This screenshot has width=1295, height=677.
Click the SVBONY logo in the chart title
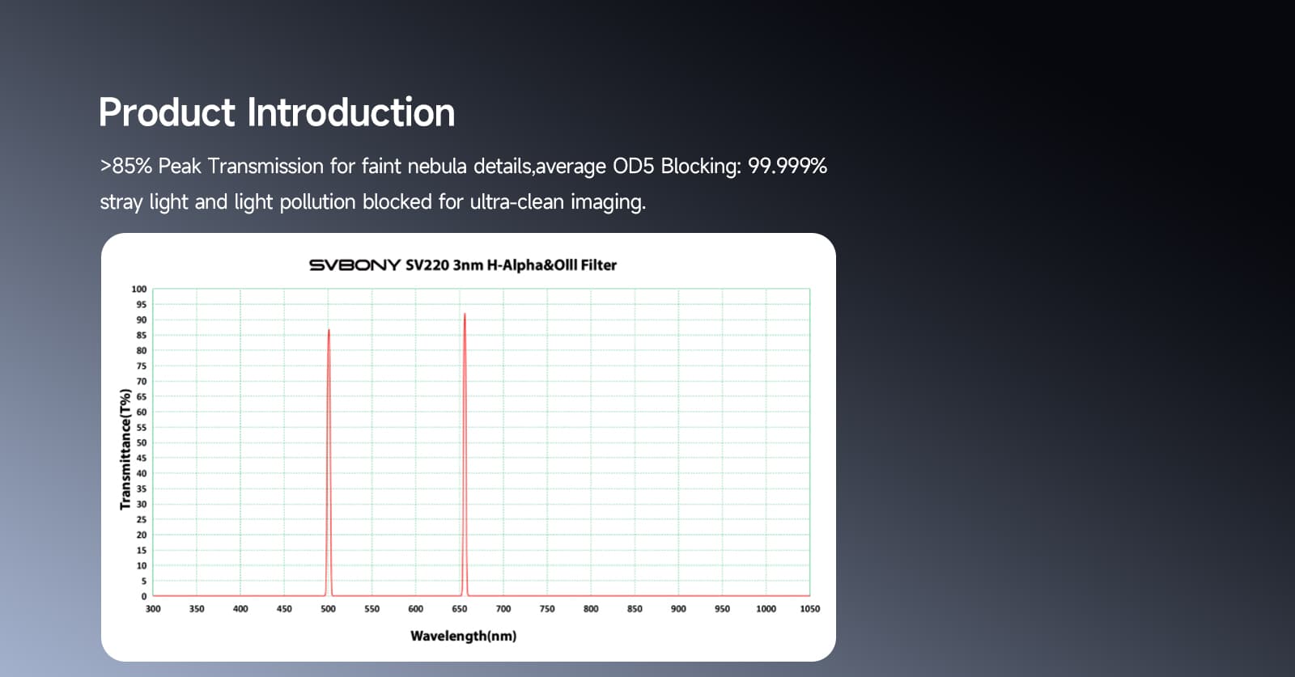point(355,265)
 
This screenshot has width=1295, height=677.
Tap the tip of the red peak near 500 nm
point(329,329)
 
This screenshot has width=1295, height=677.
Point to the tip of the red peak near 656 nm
point(465,314)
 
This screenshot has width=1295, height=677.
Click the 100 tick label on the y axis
point(139,289)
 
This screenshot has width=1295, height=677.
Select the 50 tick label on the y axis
point(142,442)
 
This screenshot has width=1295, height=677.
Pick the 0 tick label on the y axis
point(144,596)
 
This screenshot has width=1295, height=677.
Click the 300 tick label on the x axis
point(153,609)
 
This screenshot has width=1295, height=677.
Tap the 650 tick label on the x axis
point(460,609)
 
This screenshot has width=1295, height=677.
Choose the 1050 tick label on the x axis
point(810,609)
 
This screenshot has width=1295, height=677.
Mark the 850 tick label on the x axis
point(635,609)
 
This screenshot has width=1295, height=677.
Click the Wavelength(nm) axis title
point(464,636)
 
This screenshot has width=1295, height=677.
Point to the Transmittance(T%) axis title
point(125,450)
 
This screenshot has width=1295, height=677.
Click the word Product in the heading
point(167,112)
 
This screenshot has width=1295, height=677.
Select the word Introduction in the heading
point(351,112)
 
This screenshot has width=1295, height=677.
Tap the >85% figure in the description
point(126,167)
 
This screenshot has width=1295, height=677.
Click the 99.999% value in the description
point(788,167)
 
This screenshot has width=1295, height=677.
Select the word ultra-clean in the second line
point(517,202)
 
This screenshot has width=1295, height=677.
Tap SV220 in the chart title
point(427,265)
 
